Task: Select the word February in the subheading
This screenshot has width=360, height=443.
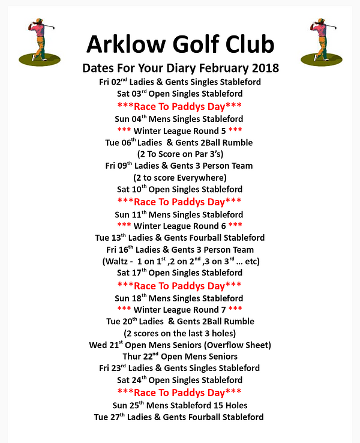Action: tap(215, 67)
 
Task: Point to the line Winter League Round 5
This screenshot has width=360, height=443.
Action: tap(180, 130)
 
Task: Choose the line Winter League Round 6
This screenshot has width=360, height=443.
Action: tap(180, 226)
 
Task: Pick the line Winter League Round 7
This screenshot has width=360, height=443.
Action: tap(180, 310)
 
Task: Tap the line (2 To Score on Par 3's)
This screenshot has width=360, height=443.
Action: tap(180, 154)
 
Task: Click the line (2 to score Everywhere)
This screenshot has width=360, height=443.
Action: tap(180, 177)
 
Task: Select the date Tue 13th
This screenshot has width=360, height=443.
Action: tap(110, 238)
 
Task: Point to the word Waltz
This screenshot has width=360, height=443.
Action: tap(119, 261)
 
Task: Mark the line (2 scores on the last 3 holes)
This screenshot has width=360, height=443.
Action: tap(180, 333)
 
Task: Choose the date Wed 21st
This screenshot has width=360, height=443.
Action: tap(106, 345)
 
